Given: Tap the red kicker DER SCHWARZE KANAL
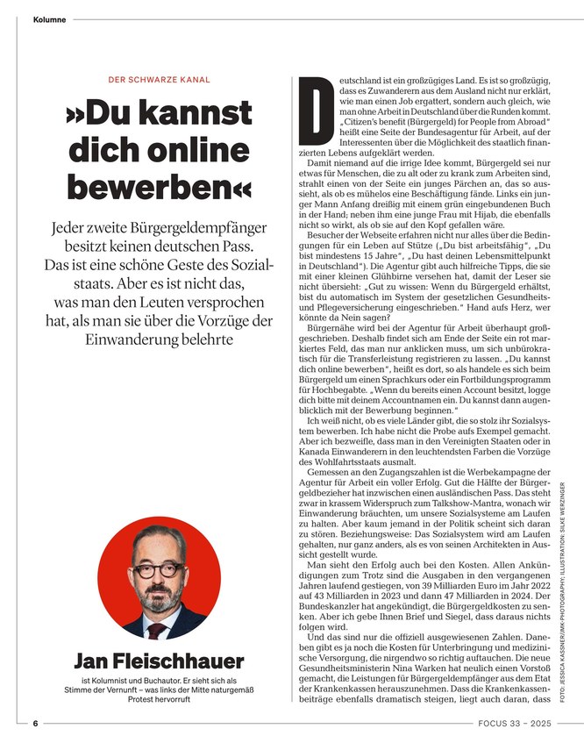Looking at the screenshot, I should [x=159, y=80].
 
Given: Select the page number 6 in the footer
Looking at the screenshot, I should [x=35, y=724].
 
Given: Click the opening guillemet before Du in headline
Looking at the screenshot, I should [x=76, y=114].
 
